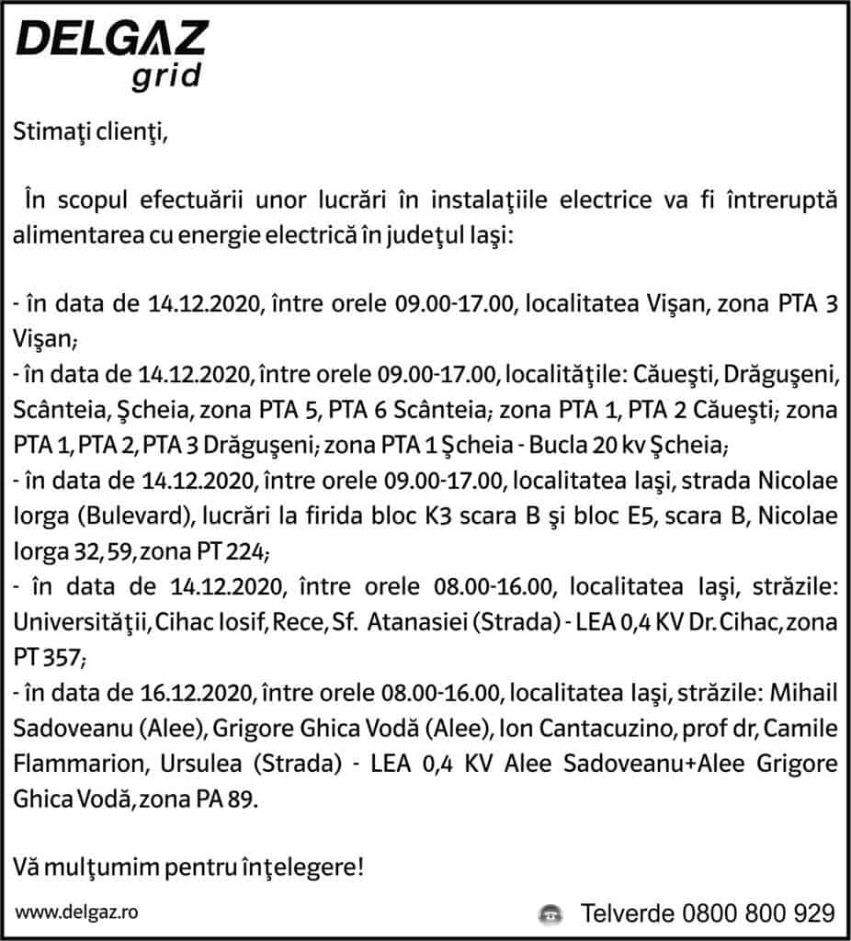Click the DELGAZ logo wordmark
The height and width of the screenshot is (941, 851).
pos(112,40)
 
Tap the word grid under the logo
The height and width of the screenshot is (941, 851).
pos(165,77)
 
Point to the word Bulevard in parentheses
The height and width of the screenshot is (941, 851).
pos(106,518)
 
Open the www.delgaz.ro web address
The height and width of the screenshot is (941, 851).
pos(76,913)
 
